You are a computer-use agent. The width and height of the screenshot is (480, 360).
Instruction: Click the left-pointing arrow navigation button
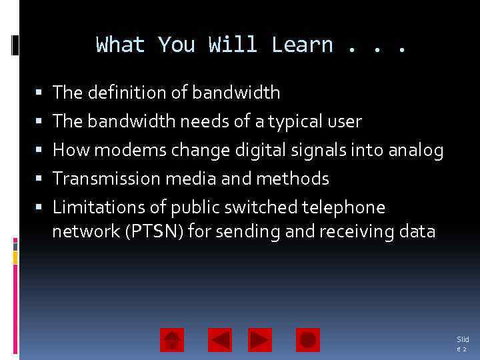220,340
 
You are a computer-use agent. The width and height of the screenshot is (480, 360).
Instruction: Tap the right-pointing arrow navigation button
260,340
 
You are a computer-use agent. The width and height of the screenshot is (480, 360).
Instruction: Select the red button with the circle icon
307,340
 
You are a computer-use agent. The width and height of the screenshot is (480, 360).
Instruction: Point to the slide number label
462,344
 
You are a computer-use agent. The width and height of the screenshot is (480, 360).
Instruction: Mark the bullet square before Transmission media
39,179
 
